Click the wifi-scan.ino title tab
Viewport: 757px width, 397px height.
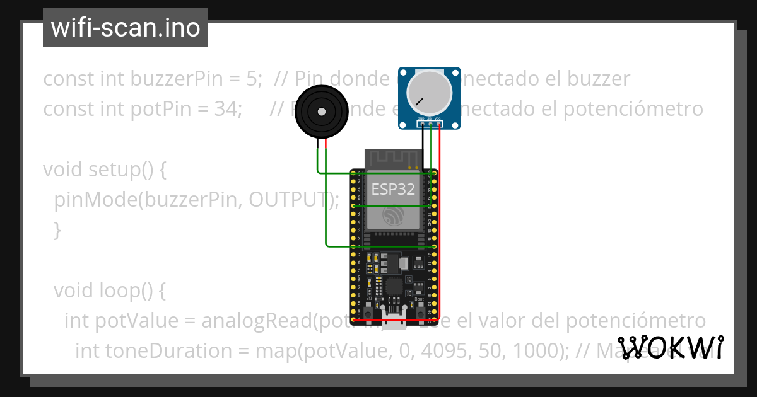125,28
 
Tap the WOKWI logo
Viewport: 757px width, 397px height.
671,347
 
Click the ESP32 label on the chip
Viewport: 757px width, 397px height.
393,189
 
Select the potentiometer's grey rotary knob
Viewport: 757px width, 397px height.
430,91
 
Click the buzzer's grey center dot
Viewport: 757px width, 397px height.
322,112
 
